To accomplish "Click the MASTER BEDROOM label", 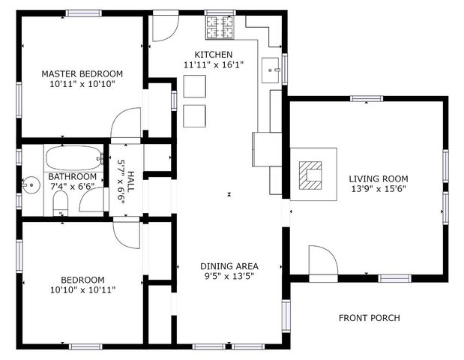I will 82,73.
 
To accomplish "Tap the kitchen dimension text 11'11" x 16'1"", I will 214,65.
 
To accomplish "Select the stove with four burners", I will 220,28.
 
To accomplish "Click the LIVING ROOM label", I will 378,178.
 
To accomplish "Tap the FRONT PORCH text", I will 369,318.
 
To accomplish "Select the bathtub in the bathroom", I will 73,159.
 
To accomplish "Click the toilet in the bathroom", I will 61,205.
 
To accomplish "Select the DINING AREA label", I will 229,266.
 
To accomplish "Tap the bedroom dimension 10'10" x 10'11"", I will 82,289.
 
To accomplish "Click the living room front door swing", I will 322,261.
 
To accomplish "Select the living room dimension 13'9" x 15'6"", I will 378,190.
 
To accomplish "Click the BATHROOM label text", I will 73,177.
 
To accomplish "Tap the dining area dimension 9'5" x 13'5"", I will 229,277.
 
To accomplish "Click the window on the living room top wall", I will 367,98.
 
